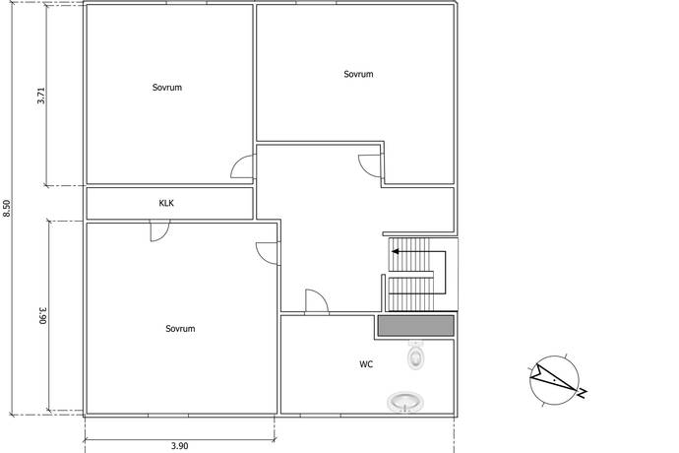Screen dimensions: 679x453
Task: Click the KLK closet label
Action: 166,203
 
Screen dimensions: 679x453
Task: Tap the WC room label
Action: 366,364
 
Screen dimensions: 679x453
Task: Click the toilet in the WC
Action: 415,355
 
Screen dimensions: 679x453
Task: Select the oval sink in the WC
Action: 405,402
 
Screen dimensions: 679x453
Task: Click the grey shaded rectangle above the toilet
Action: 415,326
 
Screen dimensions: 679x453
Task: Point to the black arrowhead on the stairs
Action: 395,251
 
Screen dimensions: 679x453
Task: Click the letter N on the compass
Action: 582,393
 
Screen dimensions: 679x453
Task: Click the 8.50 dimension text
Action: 6,209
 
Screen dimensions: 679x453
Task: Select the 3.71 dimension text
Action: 41,96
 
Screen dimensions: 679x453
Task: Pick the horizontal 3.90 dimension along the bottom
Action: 179,446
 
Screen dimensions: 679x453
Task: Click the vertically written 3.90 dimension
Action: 42,315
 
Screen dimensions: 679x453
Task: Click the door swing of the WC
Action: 317,300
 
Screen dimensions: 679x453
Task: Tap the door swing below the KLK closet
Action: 160,230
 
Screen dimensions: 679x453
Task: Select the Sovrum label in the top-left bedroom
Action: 167,88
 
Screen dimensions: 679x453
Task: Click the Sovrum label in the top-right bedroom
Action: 358,74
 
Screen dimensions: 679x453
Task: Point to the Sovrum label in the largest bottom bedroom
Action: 180,329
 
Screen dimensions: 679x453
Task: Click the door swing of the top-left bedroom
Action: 242,166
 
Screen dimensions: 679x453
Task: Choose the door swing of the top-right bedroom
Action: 370,166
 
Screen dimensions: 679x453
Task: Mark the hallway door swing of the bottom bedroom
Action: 268,254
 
